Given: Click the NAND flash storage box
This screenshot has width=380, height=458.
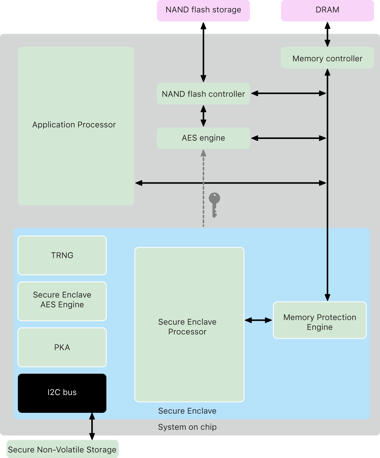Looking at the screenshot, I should click(203, 10).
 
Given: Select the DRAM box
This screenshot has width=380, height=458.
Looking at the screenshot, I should click(327, 10).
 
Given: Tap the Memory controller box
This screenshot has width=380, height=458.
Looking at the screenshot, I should click(327, 58).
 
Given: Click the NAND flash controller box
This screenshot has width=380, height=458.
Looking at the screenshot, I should click(203, 94).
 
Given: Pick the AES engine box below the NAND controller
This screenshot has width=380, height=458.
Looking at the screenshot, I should click(203, 138).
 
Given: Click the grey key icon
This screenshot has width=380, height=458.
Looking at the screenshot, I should click(214, 204).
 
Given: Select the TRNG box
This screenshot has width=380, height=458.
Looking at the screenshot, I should click(62, 255).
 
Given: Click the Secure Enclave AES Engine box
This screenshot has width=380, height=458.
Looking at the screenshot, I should click(62, 301).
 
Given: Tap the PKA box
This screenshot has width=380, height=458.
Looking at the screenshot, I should click(62, 347).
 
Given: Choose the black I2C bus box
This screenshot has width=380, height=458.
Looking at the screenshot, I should click(62, 393).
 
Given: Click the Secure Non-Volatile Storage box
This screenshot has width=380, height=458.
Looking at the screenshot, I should click(62, 449).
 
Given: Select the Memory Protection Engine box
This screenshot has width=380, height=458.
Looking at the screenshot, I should click(320, 320).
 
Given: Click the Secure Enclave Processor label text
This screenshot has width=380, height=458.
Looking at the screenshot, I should click(187, 327).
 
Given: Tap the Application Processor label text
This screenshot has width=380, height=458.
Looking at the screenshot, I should click(74, 125).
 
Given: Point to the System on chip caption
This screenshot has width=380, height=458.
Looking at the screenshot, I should click(187, 427).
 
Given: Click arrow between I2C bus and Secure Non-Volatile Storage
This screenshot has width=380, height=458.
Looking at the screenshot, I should click(92, 426).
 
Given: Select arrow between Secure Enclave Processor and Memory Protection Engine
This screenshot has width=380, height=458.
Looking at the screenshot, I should click(258, 320).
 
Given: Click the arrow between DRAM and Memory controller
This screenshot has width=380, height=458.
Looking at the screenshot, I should click(327, 34).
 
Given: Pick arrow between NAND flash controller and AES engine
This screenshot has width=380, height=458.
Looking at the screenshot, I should click(203, 116).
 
